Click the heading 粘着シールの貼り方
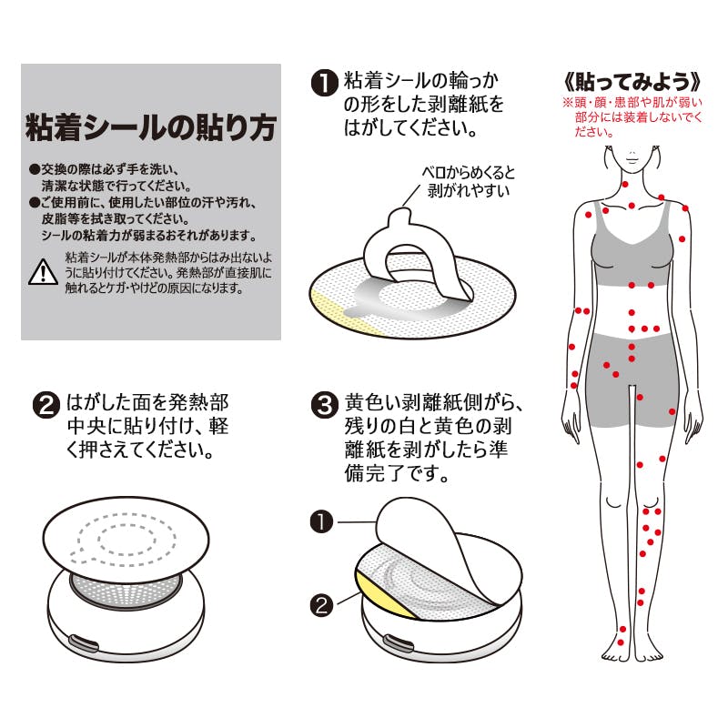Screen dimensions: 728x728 [x=151, y=127]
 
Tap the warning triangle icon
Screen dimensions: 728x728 [x=43, y=272]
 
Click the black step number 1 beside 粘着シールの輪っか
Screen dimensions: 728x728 [x=324, y=84]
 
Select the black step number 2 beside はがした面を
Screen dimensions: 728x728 [x=46, y=405]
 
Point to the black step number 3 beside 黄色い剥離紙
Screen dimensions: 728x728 [x=325, y=405]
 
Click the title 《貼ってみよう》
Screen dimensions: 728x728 [x=632, y=82]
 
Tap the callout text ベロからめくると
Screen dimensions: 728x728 [x=468, y=173]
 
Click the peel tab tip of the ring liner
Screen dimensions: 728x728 [x=399, y=215]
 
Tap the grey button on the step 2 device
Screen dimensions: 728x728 [x=84, y=643]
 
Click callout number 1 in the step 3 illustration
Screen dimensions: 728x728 [x=321, y=521]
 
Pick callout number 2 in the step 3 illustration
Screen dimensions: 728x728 [x=321, y=605]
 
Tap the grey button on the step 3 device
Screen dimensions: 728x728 [x=398, y=644]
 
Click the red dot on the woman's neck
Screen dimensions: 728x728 [x=625, y=185]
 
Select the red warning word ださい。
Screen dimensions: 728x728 [x=594, y=132]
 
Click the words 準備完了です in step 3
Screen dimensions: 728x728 [x=426, y=461]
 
